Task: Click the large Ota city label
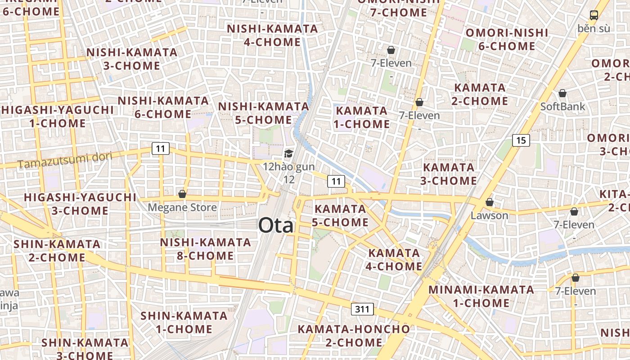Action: click(276, 225)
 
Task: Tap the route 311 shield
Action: click(362, 309)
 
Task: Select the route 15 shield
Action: click(521, 140)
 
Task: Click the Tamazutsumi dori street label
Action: click(65, 160)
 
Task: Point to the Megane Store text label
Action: click(182, 207)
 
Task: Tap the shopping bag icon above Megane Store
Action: click(182, 194)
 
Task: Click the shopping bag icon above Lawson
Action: click(489, 202)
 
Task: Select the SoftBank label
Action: click(562, 107)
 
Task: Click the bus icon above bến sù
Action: click(594, 15)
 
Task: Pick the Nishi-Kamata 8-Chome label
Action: click(206, 249)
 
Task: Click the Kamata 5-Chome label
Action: click(341, 216)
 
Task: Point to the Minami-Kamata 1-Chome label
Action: click(481, 296)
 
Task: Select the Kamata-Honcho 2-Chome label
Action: click(354, 336)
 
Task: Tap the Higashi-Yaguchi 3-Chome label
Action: click(80, 204)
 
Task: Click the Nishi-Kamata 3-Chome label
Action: click(132, 59)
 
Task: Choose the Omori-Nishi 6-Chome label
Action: click(507, 39)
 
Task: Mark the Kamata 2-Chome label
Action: click(480, 94)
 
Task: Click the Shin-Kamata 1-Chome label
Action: click(184, 322)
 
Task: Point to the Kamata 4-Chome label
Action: click(394, 260)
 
